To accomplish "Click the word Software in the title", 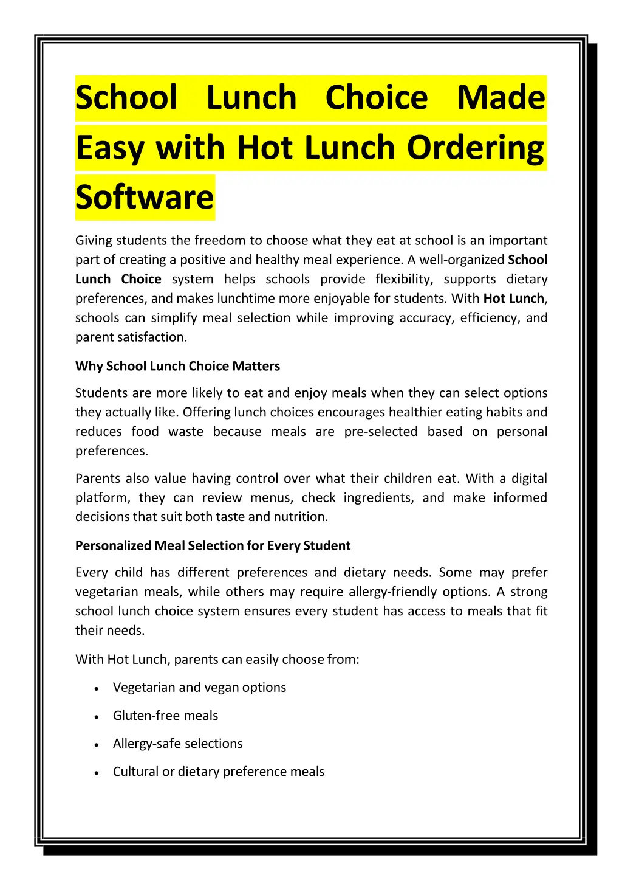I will click(145, 197).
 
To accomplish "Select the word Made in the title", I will click(501, 98).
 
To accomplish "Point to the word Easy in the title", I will click(110, 148).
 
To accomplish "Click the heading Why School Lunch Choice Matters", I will click(177, 366).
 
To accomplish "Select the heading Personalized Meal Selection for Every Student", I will click(213, 545).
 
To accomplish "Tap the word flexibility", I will click(403, 279).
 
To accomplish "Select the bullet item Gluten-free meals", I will click(165, 716).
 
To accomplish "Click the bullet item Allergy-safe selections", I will click(177, 744).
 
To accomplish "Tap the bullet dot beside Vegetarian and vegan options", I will click(97, 689).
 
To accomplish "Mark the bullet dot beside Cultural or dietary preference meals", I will click(97, 773).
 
